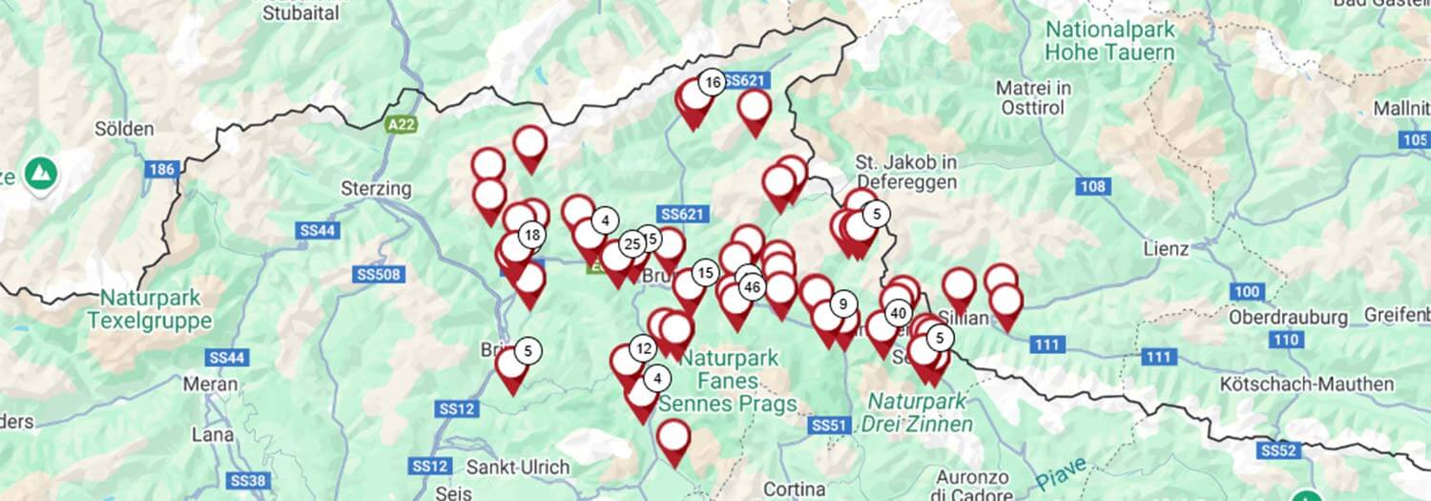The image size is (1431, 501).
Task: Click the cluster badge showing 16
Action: [712, 83]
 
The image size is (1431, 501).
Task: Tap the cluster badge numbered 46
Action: [752, 286]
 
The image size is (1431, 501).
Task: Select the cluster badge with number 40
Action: [897, 313]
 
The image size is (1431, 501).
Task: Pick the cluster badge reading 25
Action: [632, 244]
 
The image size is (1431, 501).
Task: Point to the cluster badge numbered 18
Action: [532, 235]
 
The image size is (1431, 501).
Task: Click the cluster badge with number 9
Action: [842, 304]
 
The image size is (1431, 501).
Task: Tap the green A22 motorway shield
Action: [401, 124]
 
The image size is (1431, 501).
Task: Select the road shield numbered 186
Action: [161, 170]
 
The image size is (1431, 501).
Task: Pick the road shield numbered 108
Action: [1092, 186]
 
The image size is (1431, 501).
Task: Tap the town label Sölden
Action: [124, 129]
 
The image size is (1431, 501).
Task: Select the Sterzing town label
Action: [376, 189]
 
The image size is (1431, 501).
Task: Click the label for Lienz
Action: [1166, 249]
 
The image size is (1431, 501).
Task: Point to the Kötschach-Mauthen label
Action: [1306, 385]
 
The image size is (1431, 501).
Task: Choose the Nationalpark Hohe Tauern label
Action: [1110, 40]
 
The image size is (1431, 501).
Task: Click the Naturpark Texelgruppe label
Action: [149, 309]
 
